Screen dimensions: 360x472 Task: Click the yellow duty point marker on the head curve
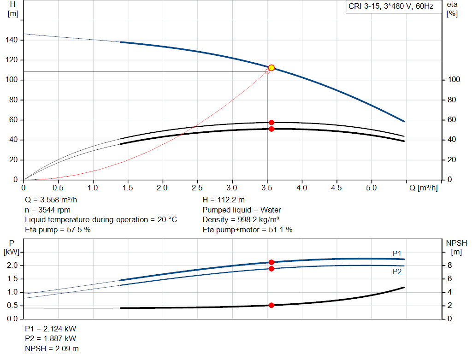tap(271, 68)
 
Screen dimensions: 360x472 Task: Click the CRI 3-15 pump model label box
tap(390, 7)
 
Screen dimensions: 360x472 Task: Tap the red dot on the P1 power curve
tap(271, 262)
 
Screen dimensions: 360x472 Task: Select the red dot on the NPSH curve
tap(271, 305)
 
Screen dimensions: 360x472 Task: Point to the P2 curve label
tap(397, 272)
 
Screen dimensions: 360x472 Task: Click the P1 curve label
tap(397, 254)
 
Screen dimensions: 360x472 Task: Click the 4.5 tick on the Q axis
tap(336, 188)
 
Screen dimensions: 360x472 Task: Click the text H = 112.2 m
tap(224, 200)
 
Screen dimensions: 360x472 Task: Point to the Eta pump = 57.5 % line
tap(58, 230)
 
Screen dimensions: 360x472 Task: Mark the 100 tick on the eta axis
tap(454, 80)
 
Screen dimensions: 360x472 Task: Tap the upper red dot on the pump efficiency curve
tap(271, 123)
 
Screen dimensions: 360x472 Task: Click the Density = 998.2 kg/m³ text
tap(244, 219)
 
